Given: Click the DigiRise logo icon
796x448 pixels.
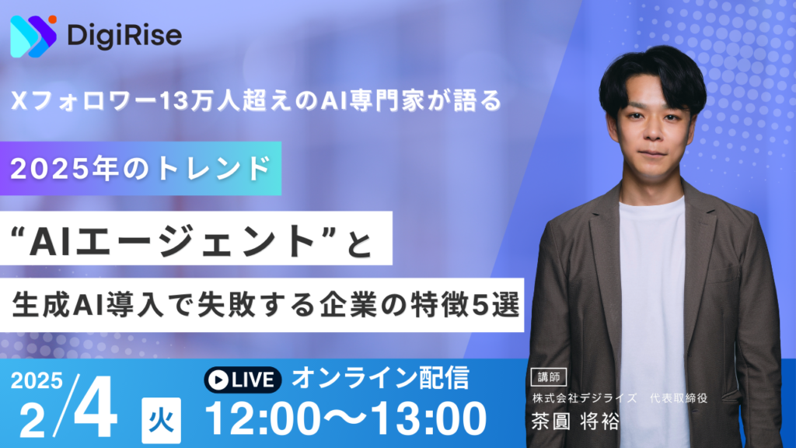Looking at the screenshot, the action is click(x=33, y=37).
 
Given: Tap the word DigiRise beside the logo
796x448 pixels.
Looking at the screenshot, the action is click(x=124, y=36).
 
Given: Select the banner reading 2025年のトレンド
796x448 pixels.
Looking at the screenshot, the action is click(x=141, y=169).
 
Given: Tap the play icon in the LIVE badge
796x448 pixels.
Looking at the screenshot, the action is click(x=218, y=380).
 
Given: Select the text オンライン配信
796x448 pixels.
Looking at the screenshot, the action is click(x=381, y=379).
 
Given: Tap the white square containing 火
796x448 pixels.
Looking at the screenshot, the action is click(x=161, y=421).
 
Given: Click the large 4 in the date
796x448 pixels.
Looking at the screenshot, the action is click(x=96, y=408).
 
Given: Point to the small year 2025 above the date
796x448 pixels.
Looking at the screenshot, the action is click(x=37, y=380).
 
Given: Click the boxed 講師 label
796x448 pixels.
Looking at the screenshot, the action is click(x=549, y=377).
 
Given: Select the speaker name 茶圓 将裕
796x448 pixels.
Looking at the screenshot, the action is click(x=576, y=422).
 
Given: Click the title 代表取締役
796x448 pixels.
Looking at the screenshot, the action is click(x=679, y=398).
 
